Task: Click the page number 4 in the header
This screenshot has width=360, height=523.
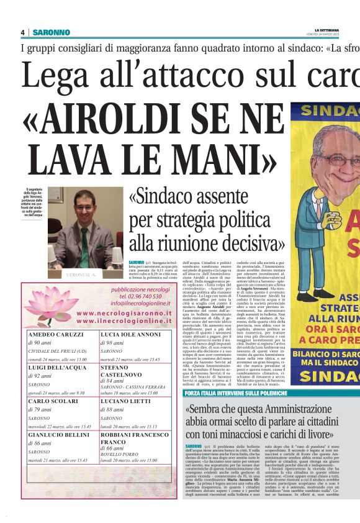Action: click(x=22, y=32)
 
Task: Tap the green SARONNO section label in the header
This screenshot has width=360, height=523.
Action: click(x=52, y=32)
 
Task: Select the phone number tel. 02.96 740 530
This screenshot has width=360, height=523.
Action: click(x=140, y=298)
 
